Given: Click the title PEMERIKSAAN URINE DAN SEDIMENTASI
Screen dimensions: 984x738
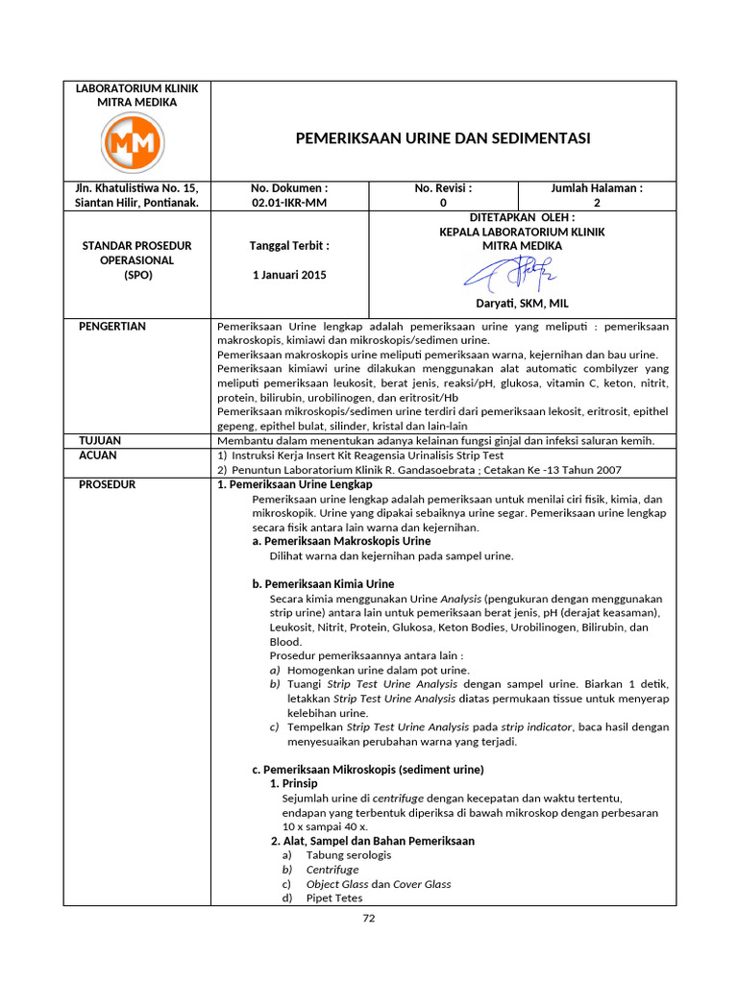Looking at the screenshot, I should pyautogui.click(x=442, y=138).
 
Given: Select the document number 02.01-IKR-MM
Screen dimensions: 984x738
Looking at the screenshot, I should pyautogui.click(x=289, y=203).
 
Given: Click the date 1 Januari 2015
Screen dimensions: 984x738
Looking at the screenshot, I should pyautogui.click(x=289, y=275).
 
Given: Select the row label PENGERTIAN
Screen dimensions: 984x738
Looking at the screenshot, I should pyautogui.click(x=111, y=327).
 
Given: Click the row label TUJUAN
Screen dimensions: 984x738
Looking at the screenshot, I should pyautogui.click(x=99, y=440).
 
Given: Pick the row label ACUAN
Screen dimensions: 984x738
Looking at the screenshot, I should pyautogui.click(x=97, y=455).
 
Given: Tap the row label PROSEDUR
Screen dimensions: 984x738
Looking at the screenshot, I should pyautogui.click(x=107, y=484).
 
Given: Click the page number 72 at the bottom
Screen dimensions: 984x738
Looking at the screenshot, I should pyautogui.click(x=369, y=919).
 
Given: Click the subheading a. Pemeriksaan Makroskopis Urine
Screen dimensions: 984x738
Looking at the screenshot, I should pyautogui.click(x=341, y=541).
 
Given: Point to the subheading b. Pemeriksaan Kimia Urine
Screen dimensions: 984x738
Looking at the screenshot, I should pyautogui.click(x=323, y=583).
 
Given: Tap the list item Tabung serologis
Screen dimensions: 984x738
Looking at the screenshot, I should pyautogui.click(x=348, y=855).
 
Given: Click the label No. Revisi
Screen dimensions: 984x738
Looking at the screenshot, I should pyautogui.click(x=443, y=188).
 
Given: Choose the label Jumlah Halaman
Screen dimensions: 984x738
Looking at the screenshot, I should pyautogui.click(x=597, y=188).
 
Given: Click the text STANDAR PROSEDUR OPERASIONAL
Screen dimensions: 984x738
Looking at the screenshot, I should pyautogui.click(x=136, y=253).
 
